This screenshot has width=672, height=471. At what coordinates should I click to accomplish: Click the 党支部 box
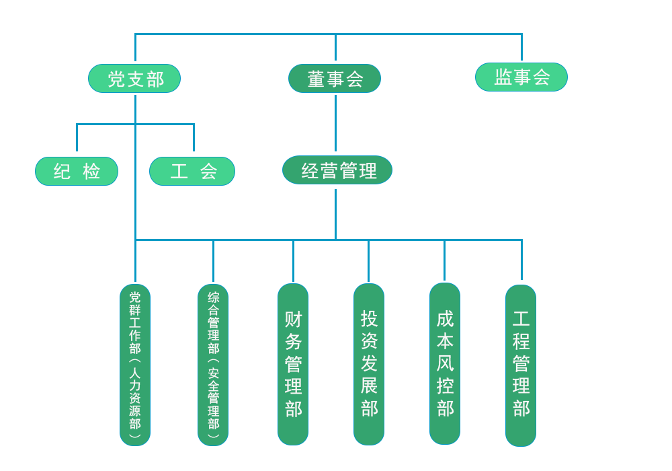pos(134,79)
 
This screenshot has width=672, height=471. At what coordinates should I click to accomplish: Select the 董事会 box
pos(335,79)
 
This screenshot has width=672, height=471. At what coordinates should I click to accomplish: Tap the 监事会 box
pos(521,77)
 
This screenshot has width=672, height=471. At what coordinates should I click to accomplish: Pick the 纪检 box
pos(77,171)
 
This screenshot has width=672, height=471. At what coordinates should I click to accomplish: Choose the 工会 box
pos(192,171)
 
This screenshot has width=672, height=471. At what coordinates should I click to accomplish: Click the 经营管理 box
pos(337,170)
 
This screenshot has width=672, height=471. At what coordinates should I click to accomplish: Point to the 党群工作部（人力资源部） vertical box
pos(135,365)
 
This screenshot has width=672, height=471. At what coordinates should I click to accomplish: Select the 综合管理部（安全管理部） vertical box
pos(213,365)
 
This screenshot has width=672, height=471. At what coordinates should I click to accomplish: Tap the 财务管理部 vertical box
pos(293,364)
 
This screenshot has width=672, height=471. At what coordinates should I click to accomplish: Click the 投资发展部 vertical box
pos(369,364)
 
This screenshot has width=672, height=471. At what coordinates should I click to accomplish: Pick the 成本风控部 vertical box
pos(445,364)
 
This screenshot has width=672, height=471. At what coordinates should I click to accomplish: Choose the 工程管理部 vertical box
pos(521,365)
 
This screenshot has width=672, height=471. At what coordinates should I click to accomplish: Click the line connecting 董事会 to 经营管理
pos(335,123)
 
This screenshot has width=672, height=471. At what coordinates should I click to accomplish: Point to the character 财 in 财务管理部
pos(294,320)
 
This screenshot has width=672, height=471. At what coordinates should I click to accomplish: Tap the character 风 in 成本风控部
pos(446,364)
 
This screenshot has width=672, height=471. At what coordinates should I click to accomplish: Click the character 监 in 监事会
pos(503,77)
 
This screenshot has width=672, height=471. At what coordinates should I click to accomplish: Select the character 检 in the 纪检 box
pos(91,171)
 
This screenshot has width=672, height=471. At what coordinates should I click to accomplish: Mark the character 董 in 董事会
pos(317,79)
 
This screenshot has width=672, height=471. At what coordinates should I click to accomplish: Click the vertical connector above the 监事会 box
pos(521,47)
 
